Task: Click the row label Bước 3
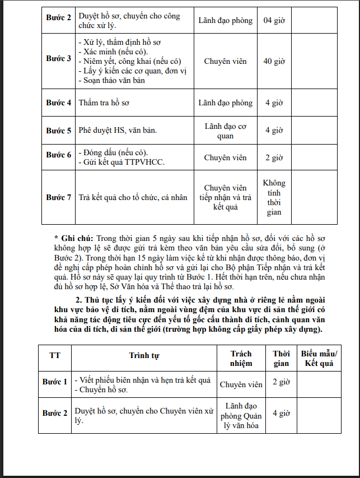point(58,59)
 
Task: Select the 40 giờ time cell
point(274,61)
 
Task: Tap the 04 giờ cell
point(274,21)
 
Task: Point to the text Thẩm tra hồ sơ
point(104,103)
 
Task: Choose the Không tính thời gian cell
point(274,197)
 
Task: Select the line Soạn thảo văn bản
point(112,80)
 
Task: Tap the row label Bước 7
point(58,197)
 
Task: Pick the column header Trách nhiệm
point(241,359)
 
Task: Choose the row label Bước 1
point(55,382)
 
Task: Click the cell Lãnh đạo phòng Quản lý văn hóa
point(241,415)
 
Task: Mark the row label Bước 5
point(58,131)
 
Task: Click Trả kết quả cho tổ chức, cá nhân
point(133,197)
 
